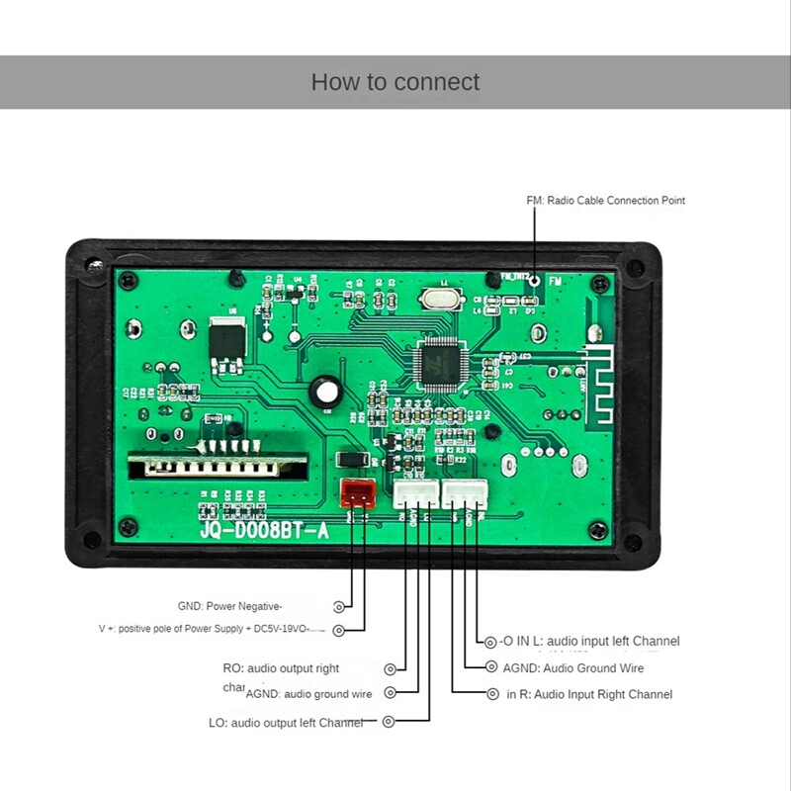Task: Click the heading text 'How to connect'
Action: tap(395, 82)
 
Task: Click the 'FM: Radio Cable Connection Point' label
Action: tap(605, 201)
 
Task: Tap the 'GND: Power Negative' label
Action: tap(230, 606)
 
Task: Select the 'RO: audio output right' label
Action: tap(281, 668)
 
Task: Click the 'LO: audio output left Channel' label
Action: tap(286, 723)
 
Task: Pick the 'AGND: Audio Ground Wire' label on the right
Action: tap(572, 668)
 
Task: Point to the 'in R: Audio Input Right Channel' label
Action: tap(589, 694)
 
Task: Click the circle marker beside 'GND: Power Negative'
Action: tap(339, 606)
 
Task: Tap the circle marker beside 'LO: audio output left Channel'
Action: tap(389, 723)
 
